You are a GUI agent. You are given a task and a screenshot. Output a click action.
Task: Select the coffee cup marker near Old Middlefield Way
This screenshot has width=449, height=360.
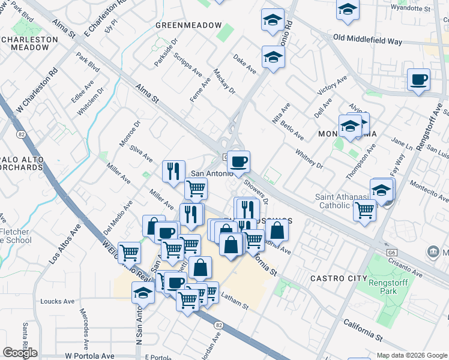tap(418, 79)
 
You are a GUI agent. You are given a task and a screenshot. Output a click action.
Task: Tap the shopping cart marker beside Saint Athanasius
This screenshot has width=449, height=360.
tap(364, 211)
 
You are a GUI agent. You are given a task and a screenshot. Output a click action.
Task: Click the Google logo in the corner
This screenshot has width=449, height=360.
tap(20, 353)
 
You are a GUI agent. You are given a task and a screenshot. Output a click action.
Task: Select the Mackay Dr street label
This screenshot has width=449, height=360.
tap(224, 80)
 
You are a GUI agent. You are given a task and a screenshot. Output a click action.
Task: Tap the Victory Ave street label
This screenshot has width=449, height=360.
tap(333, 88)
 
